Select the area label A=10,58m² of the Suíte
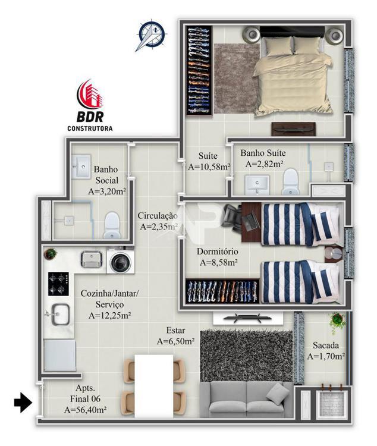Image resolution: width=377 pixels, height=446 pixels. pos(209,168)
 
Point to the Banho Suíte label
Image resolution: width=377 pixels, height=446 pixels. pos(262,153)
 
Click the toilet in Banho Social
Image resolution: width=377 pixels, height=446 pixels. pos(112,226)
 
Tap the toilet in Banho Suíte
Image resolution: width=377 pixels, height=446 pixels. pos(290,183)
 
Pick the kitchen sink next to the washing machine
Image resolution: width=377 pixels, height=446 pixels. pos(92,259)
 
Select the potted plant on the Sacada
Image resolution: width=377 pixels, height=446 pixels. pos(337,322)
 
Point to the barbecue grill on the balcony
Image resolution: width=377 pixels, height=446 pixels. pos(327,403)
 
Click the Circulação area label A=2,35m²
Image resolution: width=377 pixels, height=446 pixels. pos(158,227)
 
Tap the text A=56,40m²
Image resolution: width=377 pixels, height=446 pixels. pos(86,410)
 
